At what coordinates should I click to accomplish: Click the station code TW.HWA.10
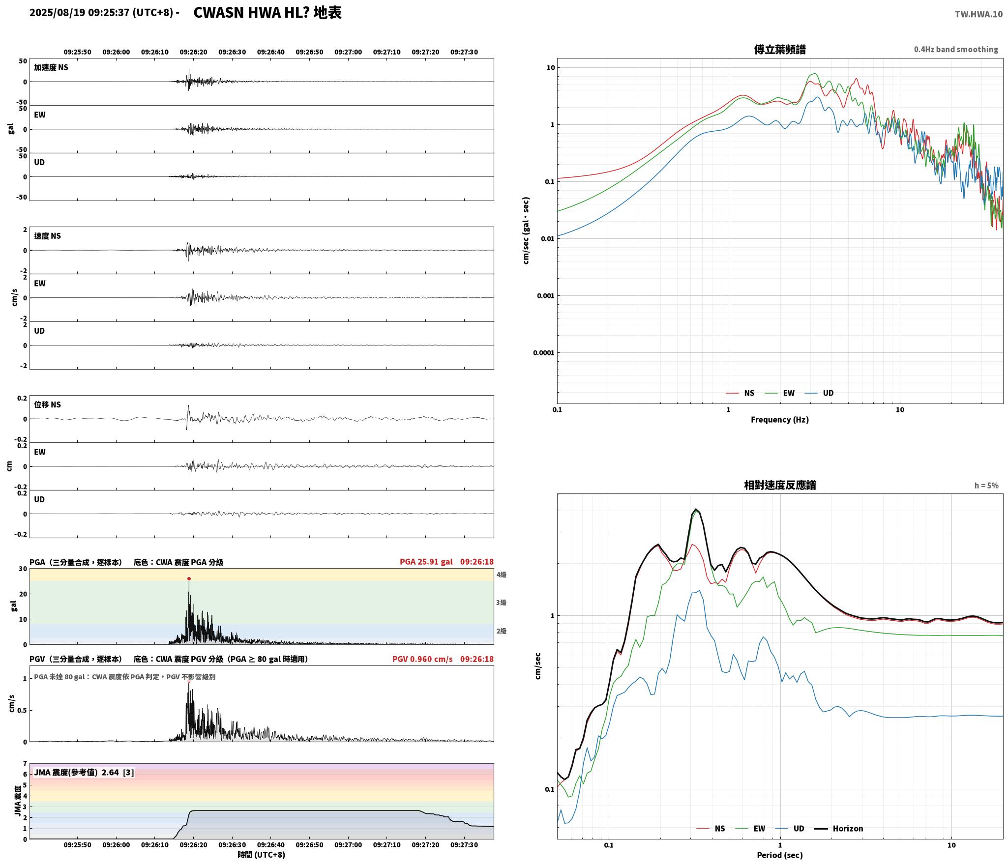pyautogui.click(x=978, y=14)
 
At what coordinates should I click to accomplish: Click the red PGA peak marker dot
pyautogui.click(x=189, y=578)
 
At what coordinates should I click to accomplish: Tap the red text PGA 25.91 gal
pyautogui.click(x=426, y=562)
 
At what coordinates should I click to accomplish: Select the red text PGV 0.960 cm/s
pyautogui.click(x=422, y=659)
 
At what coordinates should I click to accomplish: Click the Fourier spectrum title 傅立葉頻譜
pyautogui.click(x=780, y=50)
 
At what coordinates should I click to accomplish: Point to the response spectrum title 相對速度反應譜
pyautogui.click(x=780, y=485)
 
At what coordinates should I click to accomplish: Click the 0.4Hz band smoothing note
pyautogui.click(x=956, y=50)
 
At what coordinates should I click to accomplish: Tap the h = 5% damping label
pyautogui.click(x=986, y=486)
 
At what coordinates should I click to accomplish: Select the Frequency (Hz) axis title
pyautogui.click(x=780, y=419)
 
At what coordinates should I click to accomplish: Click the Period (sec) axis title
pyautogui.click(x=780, y=855)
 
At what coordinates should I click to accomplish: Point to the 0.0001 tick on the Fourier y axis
pyautogui.click(x=543, y=353)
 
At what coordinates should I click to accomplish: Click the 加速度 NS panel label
pyautogui.click(x=51, y=67)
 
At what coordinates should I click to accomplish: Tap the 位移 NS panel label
pyautogui.click(x=47, y=404)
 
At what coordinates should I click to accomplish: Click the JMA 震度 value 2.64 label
pyautogui.click(x=110, y=772)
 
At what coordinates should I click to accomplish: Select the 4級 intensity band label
pyautogui.click(x=501, y=575)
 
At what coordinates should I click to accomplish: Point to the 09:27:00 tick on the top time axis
pyautogui.click(x=348, y=52)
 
